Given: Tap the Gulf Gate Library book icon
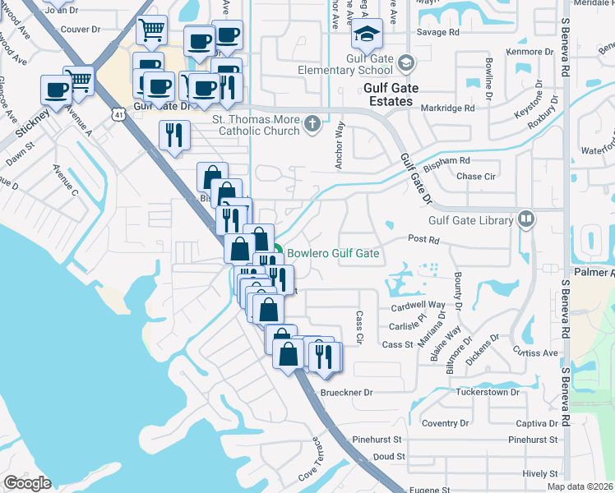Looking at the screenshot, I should click(x=525, y=219).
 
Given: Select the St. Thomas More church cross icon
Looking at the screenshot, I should click(x=311, y=124).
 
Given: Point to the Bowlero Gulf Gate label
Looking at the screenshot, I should click(x=332, y=253).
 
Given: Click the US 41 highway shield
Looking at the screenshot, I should click(x=120, y=113).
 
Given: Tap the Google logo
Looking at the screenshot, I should click(x=27, y=482).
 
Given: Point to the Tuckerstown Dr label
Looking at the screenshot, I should click(x=492, y=392).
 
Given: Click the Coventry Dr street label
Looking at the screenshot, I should click(x=444, y=423).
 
